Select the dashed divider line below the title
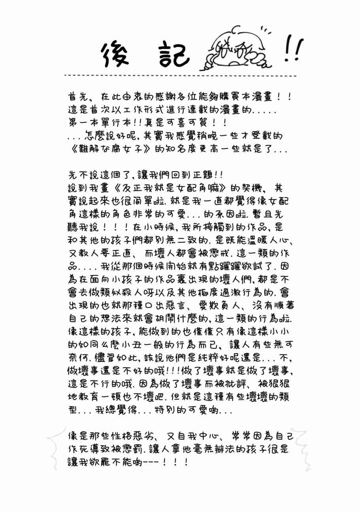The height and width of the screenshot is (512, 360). tap(180, 75)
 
